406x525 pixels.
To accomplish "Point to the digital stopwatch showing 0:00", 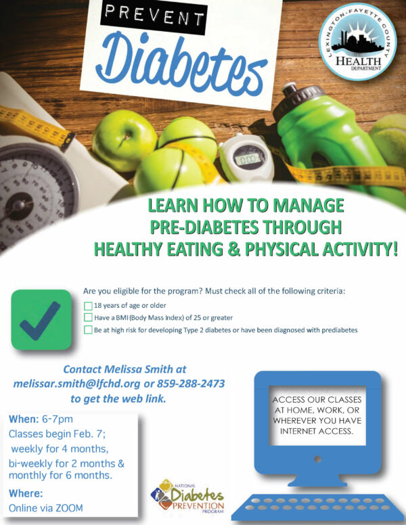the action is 247,158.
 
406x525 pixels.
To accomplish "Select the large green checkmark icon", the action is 41,320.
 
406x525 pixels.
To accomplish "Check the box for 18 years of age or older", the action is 88,306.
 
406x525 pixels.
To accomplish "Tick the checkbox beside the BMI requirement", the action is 88,317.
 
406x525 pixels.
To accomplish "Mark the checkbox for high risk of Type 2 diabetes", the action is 88,329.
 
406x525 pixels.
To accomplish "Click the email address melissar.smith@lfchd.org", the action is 76,384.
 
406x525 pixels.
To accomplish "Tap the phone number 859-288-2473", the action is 191,384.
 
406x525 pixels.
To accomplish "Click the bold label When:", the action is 24,419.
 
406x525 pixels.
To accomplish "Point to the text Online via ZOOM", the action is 46,508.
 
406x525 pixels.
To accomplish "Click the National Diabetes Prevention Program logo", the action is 187,496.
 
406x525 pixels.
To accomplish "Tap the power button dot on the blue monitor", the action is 317,459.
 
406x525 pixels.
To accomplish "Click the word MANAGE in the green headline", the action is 309,205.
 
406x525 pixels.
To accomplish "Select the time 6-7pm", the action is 58,419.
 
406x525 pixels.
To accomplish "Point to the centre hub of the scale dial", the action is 19,206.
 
